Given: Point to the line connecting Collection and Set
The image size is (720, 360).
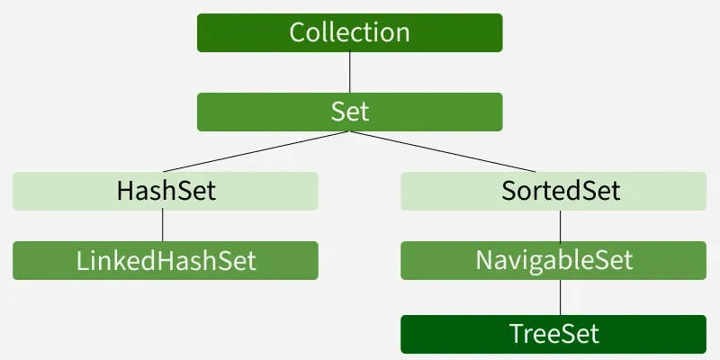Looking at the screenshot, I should (x=350, y=73).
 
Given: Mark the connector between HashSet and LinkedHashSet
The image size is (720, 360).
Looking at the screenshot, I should (x=162, y=225).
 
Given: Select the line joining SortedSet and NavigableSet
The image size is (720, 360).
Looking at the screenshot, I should (x=561, y=225).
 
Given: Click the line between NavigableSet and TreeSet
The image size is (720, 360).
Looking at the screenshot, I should (x=561, y=297).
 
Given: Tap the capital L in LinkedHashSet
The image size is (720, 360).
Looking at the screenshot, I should (x=82, y=261).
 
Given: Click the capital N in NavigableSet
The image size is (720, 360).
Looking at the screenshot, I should (x=483, y=261).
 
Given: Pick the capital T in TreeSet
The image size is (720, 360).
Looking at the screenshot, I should (x=516, y=335).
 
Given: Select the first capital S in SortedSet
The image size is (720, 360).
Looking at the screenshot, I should (x=508, y=192).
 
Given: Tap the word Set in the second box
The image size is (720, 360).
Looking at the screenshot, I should (x=350, y=112).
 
